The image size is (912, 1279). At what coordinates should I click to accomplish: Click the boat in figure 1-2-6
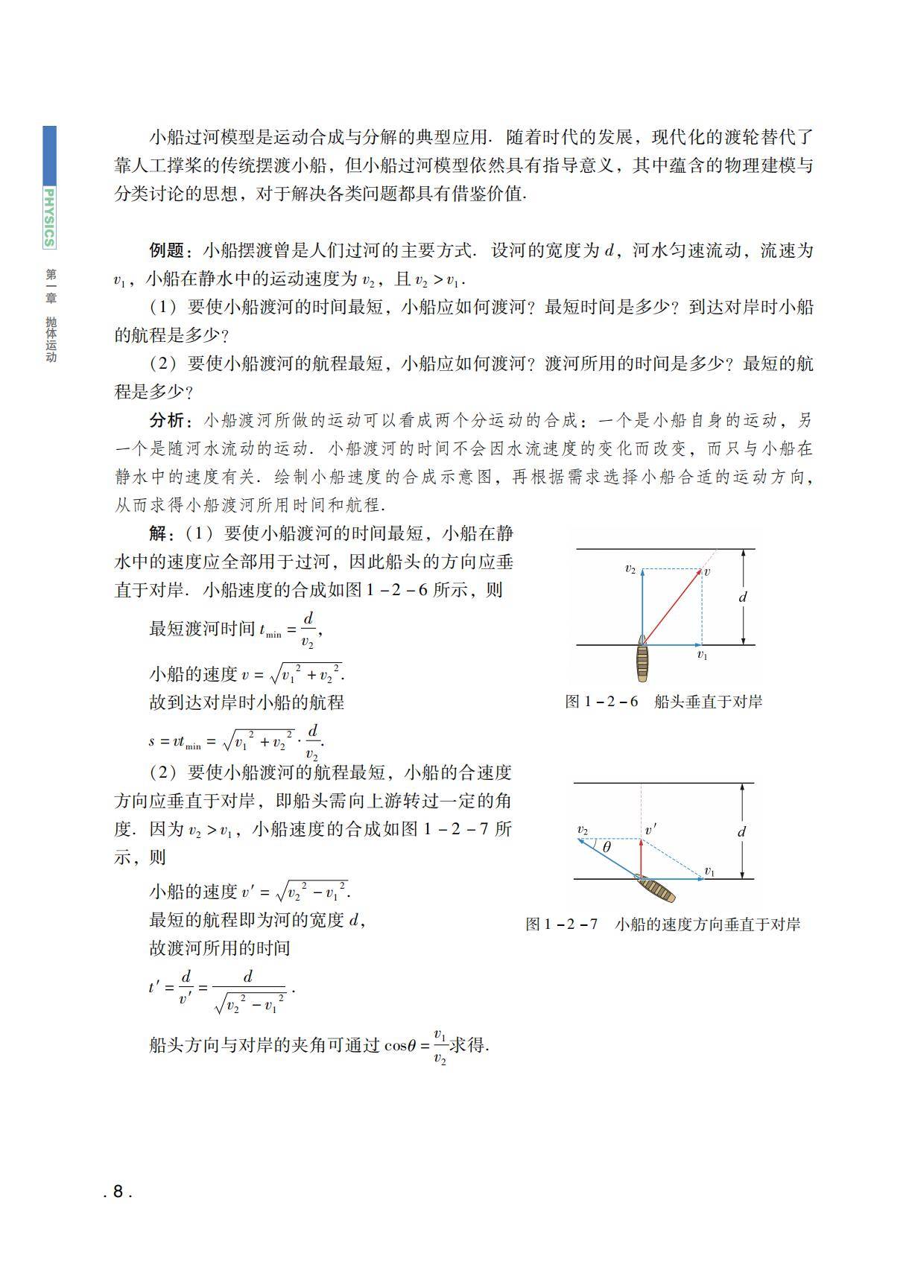click(642, 661)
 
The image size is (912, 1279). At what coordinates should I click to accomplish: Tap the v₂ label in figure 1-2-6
click(630, 569)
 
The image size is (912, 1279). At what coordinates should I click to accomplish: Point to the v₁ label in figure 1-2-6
click(702, 655)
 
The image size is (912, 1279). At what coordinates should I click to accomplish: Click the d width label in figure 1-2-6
click(742, 597)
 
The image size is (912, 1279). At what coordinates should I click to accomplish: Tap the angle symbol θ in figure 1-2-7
click(607, 847)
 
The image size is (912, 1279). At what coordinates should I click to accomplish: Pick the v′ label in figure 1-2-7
click(650, 830)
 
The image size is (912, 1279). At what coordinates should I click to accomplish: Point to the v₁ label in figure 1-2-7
click(709, 871)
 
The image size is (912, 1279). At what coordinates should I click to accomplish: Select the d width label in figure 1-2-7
click(741, 831)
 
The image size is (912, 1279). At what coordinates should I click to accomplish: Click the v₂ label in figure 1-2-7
click(583, 830)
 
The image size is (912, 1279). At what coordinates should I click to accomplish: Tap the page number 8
click(118, 1191)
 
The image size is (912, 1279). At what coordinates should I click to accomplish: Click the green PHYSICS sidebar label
click(49, 217)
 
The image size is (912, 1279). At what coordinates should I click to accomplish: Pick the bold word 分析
click(167, 420)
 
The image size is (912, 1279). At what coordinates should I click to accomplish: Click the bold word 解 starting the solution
click(158, 533)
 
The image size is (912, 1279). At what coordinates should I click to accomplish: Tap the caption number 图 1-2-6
click(601, 702)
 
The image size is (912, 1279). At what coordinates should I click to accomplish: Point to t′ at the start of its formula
click(155, 988)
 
